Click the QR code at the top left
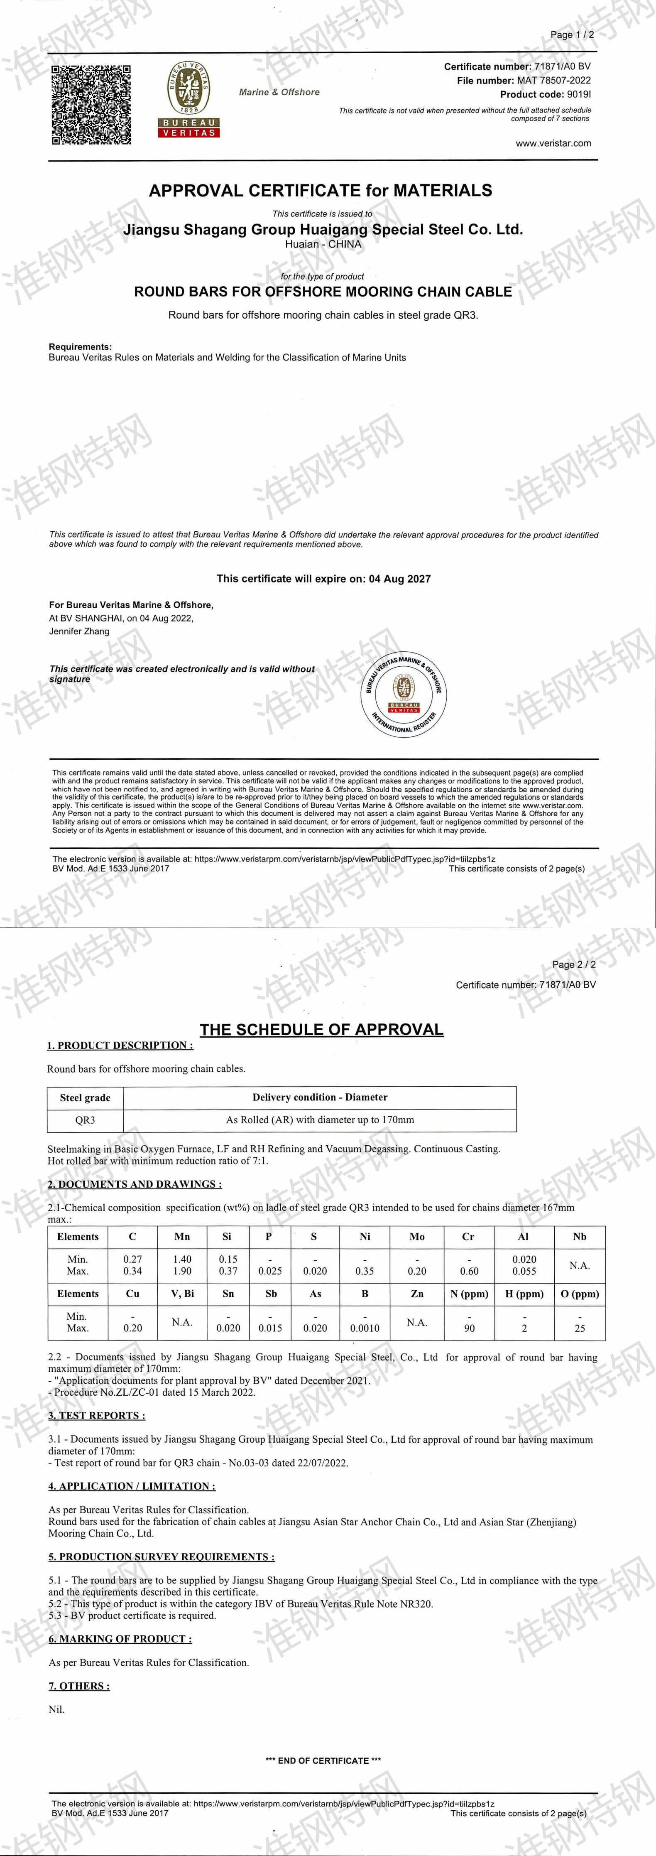point(91,104)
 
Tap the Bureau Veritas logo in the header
point(188,99)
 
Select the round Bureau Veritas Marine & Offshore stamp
point(404,693)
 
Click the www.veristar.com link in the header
point(553,143)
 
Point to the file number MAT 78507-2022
point(553,81)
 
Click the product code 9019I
point(578,94)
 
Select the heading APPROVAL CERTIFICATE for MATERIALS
point(321,191)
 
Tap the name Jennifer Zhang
point(79,631)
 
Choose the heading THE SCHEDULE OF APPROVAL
point(321,1030)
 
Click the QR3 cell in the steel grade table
point(85,1120)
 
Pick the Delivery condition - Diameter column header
point(320,1097)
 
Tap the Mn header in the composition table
point(182,1236)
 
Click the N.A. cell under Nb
point(580,1265)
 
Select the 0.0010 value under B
point(365,1328)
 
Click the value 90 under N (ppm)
point(469,1328)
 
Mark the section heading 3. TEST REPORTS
point(96,1415)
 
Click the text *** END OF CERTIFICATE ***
point(323,1760)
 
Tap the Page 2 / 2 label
point(573,964)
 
